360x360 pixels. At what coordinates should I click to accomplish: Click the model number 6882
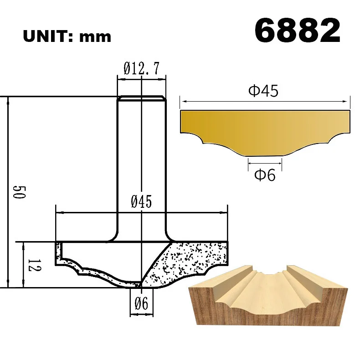297,31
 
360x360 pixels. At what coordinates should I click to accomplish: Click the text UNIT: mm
67,36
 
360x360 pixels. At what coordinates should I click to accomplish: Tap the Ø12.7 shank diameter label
141,69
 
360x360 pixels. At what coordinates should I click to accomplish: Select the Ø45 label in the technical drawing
141,202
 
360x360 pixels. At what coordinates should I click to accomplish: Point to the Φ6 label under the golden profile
265,175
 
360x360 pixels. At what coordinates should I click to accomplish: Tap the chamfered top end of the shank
141,98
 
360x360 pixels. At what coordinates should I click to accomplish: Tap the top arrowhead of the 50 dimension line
8,100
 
